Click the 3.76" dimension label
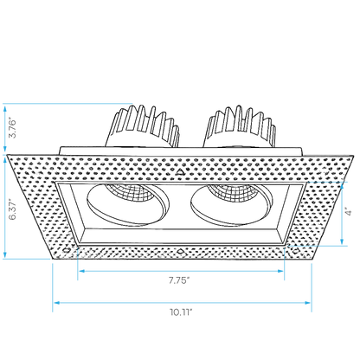click(x=12, y=127)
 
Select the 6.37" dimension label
click(x=12, y=209)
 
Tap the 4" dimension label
click(x=349, y=212)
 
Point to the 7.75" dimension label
click(x=179, y=280)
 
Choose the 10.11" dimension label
click(x=181, y=312)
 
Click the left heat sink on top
click(x=143, y=127)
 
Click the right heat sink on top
click(x=240, y=127)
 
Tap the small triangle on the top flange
click(x=181, y=172)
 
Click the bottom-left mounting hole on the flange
click(x=67, y=250)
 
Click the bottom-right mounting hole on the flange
click(x=295, y=250)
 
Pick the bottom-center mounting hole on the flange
click(x=180, y=250)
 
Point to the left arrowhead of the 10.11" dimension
click(x=56, y=303)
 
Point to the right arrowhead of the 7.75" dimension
click(x=280, y=271)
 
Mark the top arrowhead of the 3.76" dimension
click(x=5, y=109)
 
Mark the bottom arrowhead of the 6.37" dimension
click(x=5, y=254)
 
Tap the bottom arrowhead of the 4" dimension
click(x=342, y=241)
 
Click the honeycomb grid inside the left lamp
click(x=130, y=192)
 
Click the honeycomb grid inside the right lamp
click(x=233, y=192)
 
